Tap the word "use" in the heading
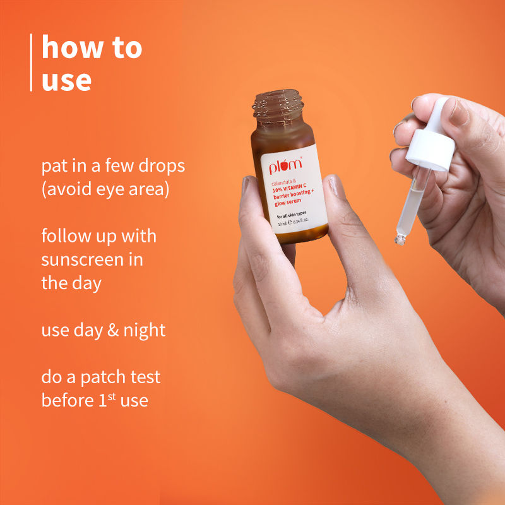point(66,81)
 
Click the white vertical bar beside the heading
point(31,62)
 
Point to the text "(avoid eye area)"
point(105,189)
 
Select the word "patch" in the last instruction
point(93,377)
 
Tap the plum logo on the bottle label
point(286,167)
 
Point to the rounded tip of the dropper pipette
point(399,240)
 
